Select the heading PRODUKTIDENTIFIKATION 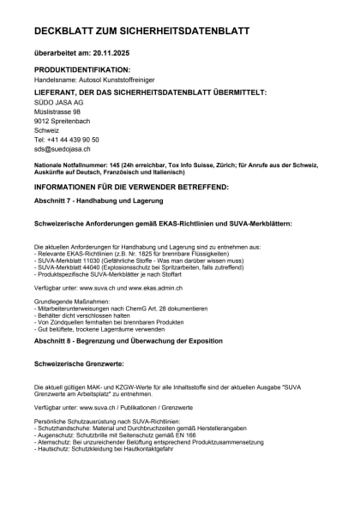(82, 69)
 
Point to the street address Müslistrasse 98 (57, 111)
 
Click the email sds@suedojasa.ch (62, 149)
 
